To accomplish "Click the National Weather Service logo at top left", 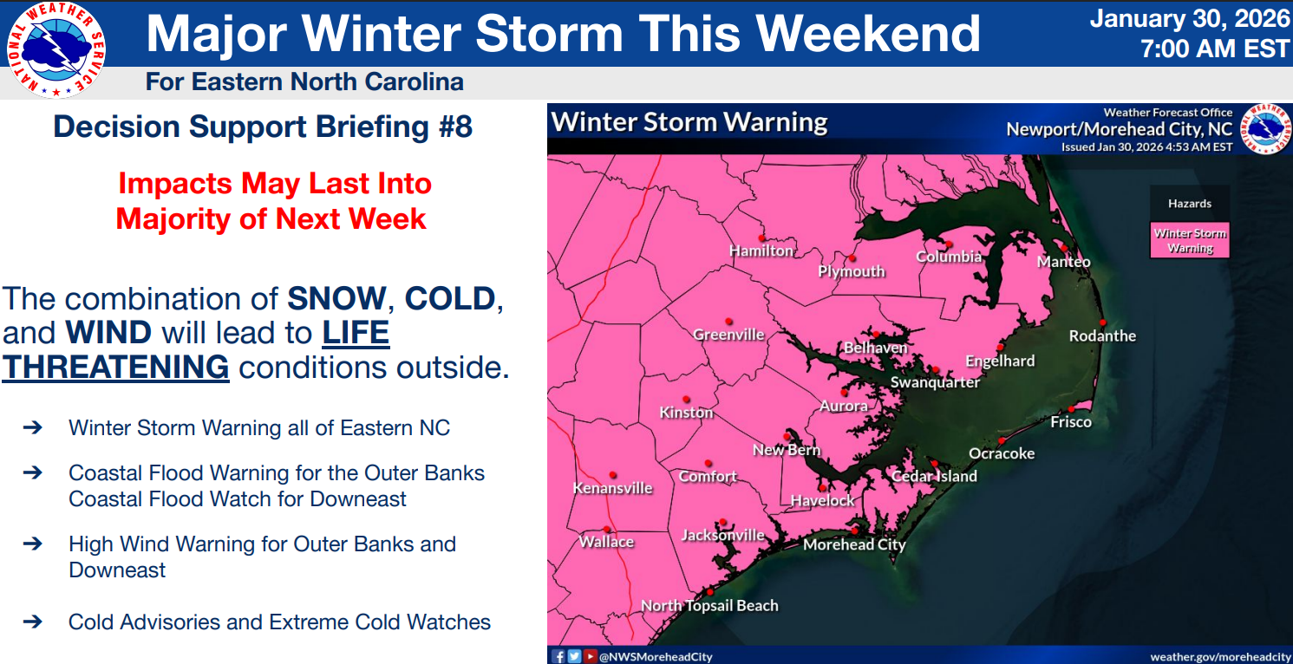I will coord(56,49).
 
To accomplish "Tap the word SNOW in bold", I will coord(336,299).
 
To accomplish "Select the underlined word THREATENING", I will coord(115,368).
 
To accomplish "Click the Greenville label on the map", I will coord(728,335).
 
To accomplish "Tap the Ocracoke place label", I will coord(1002,453).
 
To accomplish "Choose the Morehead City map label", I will coord(854,544).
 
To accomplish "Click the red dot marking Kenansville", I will coord(613,475).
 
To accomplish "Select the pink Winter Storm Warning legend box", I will coord(1190,240).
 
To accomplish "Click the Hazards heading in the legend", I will coord(1190,204).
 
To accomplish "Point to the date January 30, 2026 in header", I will coord(1190,18).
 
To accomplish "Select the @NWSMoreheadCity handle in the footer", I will coord(657,656).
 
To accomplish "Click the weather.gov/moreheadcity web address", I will coord(1220,656).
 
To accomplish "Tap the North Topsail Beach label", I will coord(709,606).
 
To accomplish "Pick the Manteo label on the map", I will coord(1064,262).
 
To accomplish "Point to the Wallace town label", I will coord(606,542).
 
